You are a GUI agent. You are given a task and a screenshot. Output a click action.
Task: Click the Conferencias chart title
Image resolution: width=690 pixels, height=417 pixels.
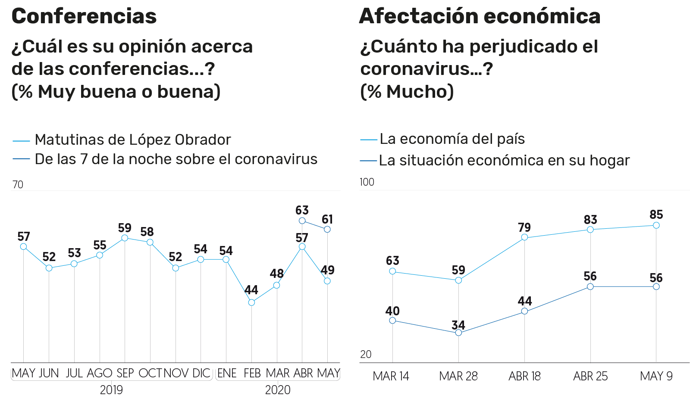click(84, 16)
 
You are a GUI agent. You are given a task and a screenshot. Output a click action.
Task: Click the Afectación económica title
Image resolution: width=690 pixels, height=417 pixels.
click(480, 16)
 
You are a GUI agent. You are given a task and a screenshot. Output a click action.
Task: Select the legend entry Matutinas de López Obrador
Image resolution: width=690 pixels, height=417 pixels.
click(132, 140)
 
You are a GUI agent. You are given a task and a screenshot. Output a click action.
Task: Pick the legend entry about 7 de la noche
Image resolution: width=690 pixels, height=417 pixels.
click(176, 159)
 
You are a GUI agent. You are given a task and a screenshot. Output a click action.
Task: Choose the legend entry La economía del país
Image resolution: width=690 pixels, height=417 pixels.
click(452, 139)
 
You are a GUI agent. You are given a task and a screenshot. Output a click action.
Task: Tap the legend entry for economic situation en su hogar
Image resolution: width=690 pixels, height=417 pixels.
click(504, 161)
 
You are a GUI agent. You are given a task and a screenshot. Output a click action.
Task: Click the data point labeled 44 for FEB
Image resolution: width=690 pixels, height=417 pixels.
click(251, 302)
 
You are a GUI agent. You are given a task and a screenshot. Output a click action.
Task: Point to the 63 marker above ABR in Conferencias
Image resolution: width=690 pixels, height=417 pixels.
click(302, 221)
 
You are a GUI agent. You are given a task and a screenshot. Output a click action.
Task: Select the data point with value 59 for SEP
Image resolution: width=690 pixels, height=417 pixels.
click(125, 238)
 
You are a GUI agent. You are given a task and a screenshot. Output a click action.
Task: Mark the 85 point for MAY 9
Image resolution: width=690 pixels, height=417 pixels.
click(656, 225)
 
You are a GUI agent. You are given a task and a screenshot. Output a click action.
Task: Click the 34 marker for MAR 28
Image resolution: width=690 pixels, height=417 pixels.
click(458, 333)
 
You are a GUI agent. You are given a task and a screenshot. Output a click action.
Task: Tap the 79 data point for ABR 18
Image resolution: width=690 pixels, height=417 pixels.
click(524, 237)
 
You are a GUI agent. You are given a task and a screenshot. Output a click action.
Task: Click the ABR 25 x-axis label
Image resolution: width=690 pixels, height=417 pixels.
click(590, 377)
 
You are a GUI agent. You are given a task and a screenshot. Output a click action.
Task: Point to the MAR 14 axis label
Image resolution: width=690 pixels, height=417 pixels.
click(391, 377)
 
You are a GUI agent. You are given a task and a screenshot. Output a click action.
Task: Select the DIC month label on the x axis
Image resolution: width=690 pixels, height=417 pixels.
click(201, 373)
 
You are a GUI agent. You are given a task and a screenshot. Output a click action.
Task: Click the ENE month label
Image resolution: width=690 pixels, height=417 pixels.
click(227, 373)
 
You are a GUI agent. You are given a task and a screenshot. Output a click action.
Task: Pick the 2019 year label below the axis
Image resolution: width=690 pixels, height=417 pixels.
click(111, 390)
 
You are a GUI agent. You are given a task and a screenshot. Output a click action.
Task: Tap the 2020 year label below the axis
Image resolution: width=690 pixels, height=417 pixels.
click(278, 390)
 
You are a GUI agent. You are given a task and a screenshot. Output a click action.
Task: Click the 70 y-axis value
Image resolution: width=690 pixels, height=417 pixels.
click(18, 185)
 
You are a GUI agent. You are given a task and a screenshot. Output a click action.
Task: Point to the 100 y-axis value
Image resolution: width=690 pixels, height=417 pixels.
click(367, 182)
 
